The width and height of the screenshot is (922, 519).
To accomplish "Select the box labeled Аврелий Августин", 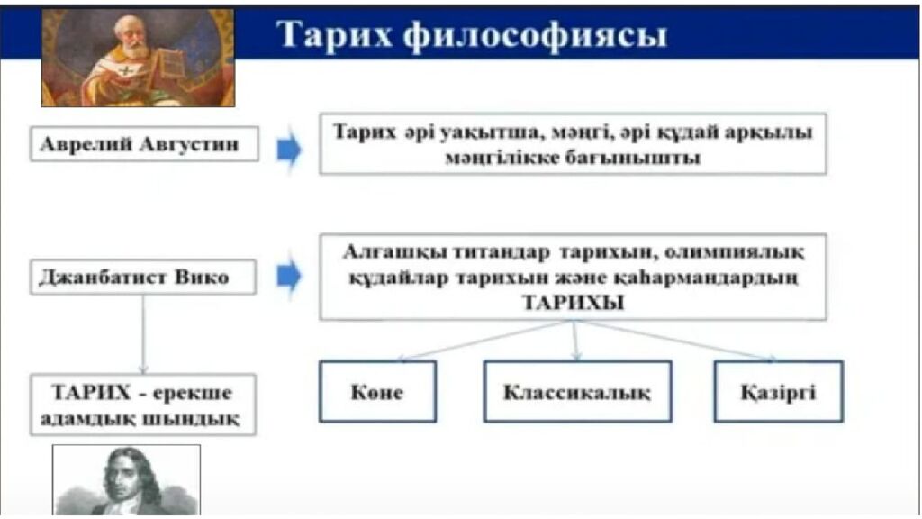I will point(144,143).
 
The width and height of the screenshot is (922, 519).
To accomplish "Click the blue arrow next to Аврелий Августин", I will point(289,150).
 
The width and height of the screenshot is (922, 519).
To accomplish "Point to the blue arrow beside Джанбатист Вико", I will point(289,277).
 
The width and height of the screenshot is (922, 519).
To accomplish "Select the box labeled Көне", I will point(377,392).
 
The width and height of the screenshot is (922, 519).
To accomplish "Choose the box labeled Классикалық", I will point(576,392).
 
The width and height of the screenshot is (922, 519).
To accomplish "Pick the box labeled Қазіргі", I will point(778,392).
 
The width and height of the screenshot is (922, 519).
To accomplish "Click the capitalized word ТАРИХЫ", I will point(573,304).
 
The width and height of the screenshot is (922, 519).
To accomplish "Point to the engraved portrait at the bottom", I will point(126,481).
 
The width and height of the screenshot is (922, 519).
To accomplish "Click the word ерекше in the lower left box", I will point(191,394).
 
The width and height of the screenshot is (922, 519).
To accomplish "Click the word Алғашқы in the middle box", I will point(390,250).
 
